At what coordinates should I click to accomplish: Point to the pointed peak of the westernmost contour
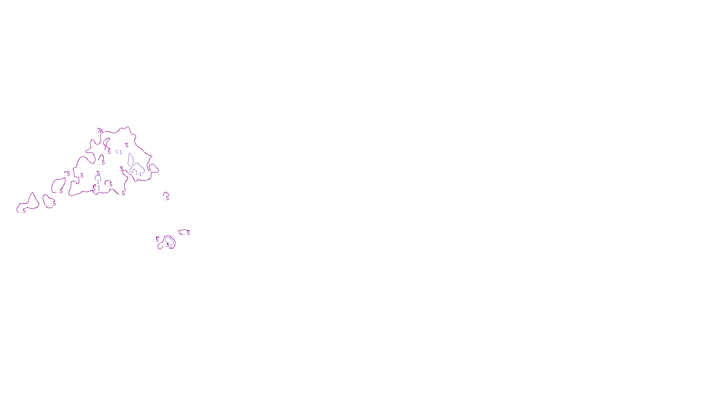tap(32, 193)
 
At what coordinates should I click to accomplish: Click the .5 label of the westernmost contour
tap(23, 211)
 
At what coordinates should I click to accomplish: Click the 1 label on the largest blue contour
tap(140, 174)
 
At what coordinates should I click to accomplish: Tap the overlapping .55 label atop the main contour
tap(100, 131)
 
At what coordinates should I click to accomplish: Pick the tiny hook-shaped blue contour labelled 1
tap(117, 151)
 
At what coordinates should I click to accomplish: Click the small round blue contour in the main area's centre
tap(98, 177)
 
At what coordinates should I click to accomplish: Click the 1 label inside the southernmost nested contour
tap(170, 246)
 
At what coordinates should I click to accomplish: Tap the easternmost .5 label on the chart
tap(188, 233)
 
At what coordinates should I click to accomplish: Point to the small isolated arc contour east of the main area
tap(166, 195)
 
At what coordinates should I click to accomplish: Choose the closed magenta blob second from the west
tap(48, 201)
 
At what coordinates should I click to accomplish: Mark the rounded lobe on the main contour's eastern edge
tap(154, 168)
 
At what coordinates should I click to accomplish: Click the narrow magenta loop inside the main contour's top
tap(106, 143)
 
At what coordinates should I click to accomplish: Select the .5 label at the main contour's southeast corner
tap(123, 193)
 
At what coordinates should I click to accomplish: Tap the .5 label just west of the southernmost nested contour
tap(157, 240)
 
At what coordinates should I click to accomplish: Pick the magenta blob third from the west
tap(58, 185)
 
